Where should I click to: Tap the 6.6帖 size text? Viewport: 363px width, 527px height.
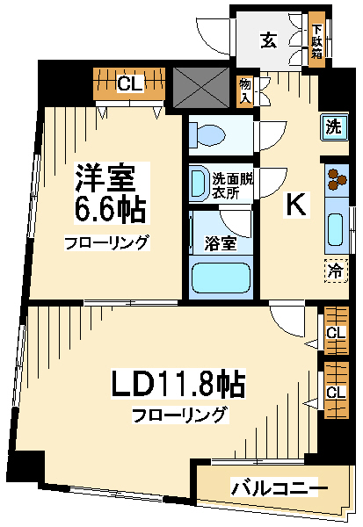tap(110, 211)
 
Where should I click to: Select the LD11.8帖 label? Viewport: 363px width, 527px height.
tap(178, 384)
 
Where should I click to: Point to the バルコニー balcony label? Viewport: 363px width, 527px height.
tap(274, 487)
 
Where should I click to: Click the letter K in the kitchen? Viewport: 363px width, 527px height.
tap(296, 205)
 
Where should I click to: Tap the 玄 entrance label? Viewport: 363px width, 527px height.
tap(269, 40)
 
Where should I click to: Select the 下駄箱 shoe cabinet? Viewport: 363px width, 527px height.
tap(317, 40)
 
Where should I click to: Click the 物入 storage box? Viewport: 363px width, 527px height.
tap(245, 90)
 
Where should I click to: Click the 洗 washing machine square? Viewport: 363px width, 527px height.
tap(333, 127)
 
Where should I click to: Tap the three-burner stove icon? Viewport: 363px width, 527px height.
tap(337, 179)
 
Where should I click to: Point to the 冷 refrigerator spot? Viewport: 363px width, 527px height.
tap(336, 271)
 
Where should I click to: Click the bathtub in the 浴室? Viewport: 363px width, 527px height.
tap(221, 278)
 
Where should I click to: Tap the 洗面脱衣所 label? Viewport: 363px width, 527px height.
tap(232, 186)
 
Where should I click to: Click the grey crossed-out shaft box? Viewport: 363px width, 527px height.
tap(201, 87)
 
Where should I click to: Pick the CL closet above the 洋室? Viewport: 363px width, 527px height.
tap(129, 84)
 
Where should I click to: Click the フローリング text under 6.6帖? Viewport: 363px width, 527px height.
tap(106, 243)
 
